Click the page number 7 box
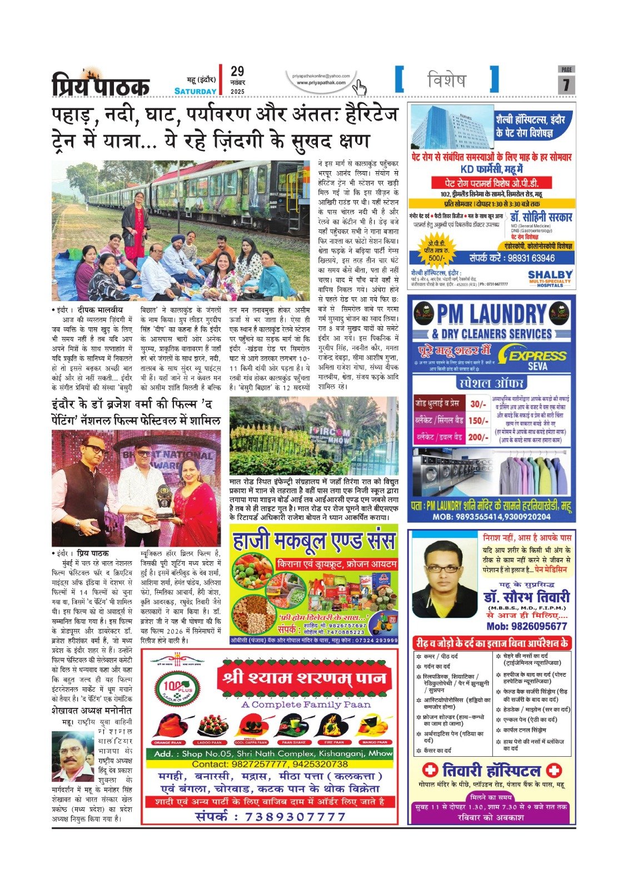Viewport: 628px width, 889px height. point(566,84)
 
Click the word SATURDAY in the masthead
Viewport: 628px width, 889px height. point(195,91)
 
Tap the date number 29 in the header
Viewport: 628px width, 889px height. point(237,72)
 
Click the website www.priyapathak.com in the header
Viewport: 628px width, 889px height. point(321,83)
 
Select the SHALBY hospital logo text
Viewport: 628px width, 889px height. point(550,274)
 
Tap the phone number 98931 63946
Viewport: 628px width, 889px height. point(512,258)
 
